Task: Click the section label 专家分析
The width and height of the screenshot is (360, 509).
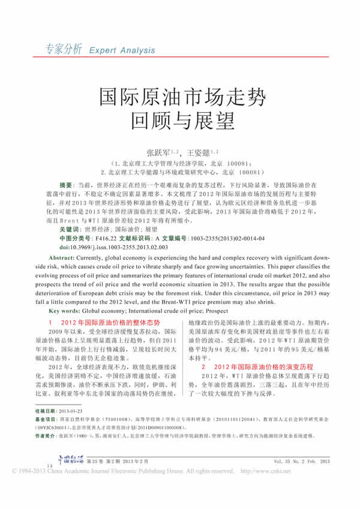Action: click(59, 50)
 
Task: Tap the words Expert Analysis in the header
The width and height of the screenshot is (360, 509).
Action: click(122, 51)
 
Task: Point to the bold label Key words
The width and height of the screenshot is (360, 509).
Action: click(64, 311)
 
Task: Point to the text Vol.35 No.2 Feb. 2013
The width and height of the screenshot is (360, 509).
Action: click(301, 481)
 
